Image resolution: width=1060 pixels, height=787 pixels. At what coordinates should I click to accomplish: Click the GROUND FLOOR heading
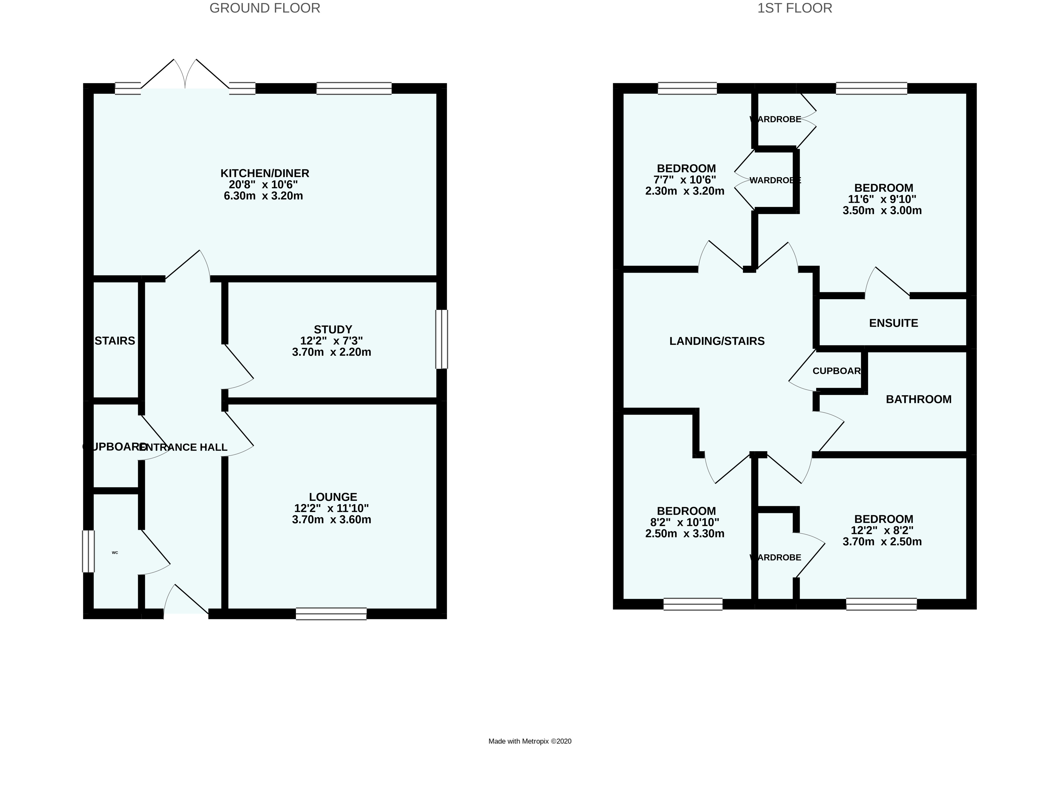pyautogui.click(x=264, y=8)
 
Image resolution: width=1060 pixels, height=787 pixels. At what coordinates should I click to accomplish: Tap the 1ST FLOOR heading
pyautogui.click(x=795, y=8)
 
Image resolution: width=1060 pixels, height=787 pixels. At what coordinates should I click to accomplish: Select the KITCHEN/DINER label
pyautogui.click(x=264, y=173)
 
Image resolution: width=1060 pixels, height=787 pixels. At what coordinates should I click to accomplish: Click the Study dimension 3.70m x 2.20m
pyautogui.click(x=332, y=352)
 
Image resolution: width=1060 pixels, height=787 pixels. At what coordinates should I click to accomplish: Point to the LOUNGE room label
pyautogui.click(x=332, y=497)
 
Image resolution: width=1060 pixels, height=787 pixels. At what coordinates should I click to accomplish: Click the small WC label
pyautogui.click(x=115, y=552)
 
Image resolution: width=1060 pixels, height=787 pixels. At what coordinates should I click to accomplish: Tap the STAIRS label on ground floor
pyautogui.click(x=115, y=341)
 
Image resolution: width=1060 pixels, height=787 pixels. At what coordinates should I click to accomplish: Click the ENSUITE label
pyautogui.click(x=893, y=323)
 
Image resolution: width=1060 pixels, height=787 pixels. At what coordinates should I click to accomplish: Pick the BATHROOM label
pyautogui.click(x=919, y=399)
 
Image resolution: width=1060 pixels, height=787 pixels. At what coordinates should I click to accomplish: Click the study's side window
pyautogui.click(x=442, y=339)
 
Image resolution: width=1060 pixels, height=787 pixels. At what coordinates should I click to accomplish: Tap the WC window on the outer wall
pyautogui.click(x=89, y=551)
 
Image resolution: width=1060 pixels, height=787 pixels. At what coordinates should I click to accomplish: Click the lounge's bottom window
pyautogui.click(x=331, y=614)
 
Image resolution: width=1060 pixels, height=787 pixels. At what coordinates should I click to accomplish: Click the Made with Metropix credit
pyautogui.click(x=530, y=741)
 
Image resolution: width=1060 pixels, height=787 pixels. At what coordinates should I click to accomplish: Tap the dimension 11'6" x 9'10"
pyautogui.click(x=882, y=199)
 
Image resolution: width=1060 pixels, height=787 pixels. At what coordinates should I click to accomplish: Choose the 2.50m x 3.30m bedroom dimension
pyautogui.click(x=685, y=533)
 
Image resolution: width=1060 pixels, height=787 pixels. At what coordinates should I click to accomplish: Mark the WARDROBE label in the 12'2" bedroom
pyautogui.click(x=776, y=557)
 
